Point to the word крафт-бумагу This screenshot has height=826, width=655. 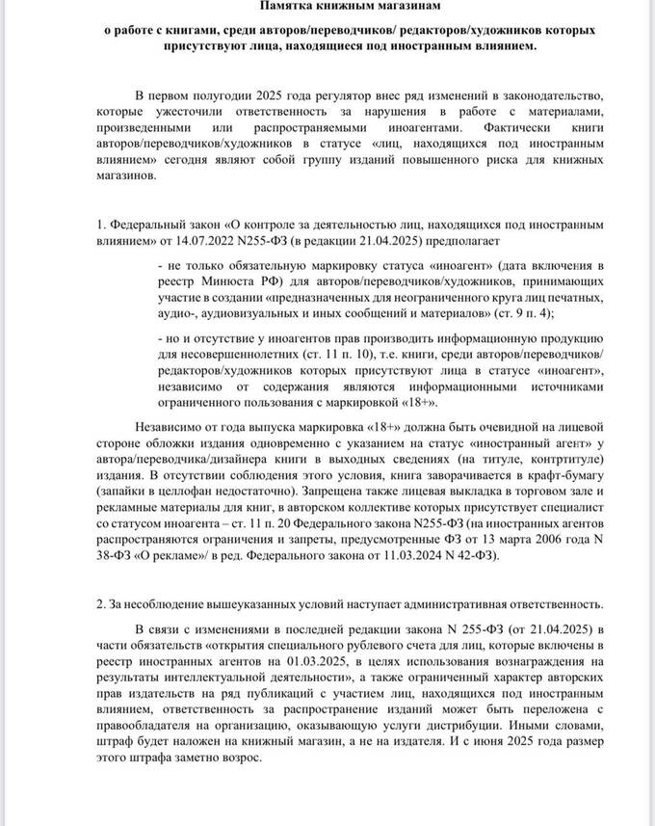pyautogui.click(x=565, y=476)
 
